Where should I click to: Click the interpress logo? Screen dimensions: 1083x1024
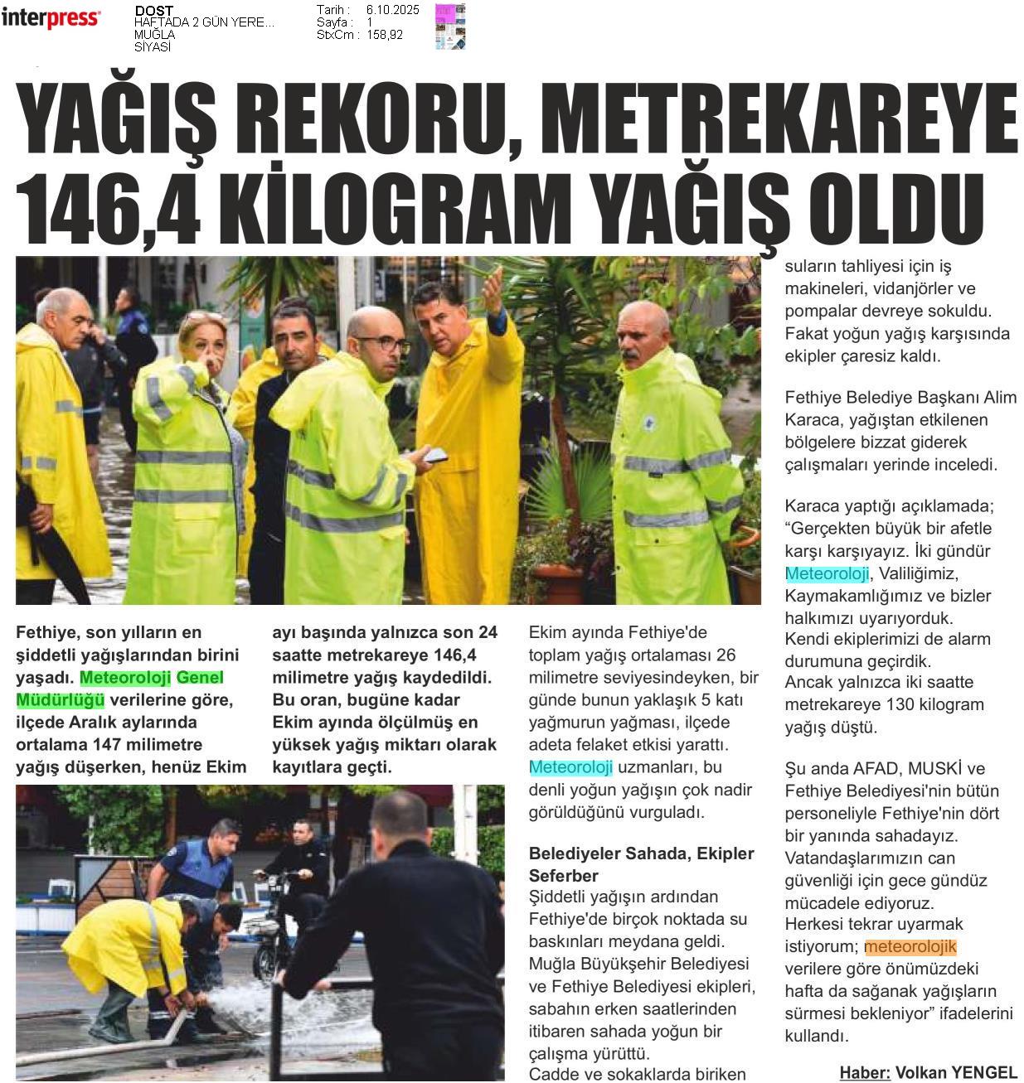[x=51, y=18]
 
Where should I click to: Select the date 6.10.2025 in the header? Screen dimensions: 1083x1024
[x=392, y=10]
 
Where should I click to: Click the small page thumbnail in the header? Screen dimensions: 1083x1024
[x=449, y=26]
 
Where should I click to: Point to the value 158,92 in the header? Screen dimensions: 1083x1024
[x=384, y=36]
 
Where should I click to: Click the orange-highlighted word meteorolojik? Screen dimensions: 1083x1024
[x=910, y=947]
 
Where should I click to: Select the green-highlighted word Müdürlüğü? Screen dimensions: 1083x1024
[x=60, y=700]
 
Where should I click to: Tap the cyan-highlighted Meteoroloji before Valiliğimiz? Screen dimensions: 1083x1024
[x=826, y=573]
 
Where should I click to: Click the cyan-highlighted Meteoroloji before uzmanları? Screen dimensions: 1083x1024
[x=570, y=767]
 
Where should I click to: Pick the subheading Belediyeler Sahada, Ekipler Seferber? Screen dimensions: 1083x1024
[x=641, y=864]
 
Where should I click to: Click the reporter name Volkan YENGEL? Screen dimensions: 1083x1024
[x=955, y=1072]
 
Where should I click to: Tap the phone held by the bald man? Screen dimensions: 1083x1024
[x=434, y=455]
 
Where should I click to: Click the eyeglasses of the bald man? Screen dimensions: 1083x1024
[x=384, y=342]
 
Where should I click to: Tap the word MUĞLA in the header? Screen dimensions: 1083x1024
[x=155, y=36]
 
